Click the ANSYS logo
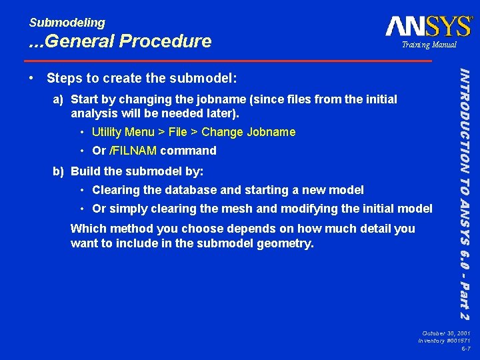tap(428, 27)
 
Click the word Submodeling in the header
tap(67, 23)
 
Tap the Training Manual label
tap(429, 45)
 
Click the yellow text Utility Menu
tap(123, 132)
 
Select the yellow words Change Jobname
tap(248, 132)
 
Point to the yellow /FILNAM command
tap(132, 151)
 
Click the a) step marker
tap(59, 99)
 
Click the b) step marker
tap(59, 171)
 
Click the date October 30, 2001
tap(447, 332)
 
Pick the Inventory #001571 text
tap(444, 340)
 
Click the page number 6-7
tap(465, 348)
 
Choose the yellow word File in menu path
tap(177, 132)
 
